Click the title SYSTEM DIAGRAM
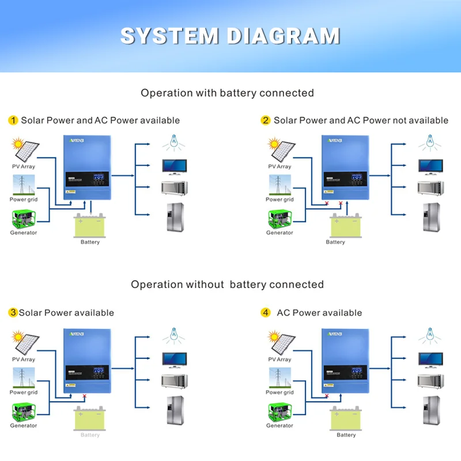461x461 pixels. click(x=230, y=36)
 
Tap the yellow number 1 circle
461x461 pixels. click(x=13, y=120)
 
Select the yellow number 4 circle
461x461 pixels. click(x=265, y=313)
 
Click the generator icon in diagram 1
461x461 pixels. click(x=24, y=218)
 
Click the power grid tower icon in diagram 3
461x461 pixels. click(x=24, y=377)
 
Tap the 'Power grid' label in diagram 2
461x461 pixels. click(x=279, y=200)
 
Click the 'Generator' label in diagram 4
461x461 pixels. click(x=279, y=426)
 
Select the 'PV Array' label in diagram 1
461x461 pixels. click(x=24, y=167)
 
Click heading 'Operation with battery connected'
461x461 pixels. click(x=227, y=93)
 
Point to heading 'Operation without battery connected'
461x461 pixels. click(x=227, y=285)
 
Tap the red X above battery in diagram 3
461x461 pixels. click(x=85, y=396)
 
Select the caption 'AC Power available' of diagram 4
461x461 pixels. click(x=319, y=313)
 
